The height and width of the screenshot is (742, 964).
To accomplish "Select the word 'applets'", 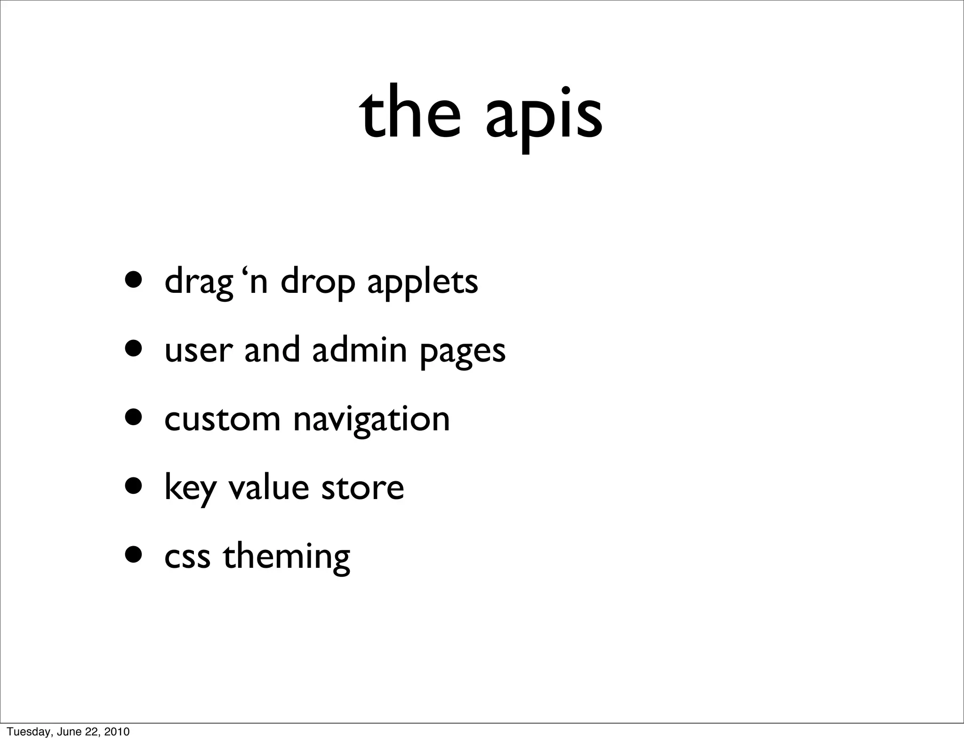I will click(422, 282).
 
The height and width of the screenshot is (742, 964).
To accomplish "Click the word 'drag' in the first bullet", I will click(199, 282).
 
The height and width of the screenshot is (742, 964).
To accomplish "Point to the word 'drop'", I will click(318, 282).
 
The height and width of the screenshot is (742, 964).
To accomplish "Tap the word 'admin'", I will click(359, 350).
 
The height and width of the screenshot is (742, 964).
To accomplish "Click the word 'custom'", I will click(223, 419).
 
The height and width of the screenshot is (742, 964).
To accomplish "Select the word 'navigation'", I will click(371, 420).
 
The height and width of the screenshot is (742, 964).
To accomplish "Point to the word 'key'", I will click(190, 489).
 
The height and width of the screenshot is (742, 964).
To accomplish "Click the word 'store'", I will click(362, 489).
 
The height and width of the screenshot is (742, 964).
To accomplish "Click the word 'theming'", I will click(287, 557).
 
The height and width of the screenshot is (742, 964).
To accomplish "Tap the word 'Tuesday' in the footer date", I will click(23, 732).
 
